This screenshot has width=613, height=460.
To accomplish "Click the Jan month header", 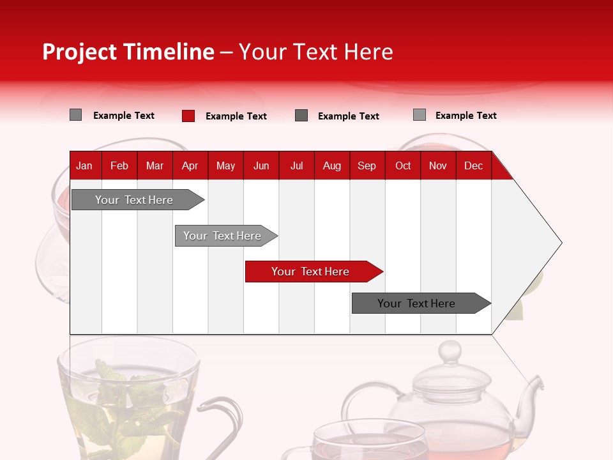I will click(x=84, y=165).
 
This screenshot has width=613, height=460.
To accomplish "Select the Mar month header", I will click(x=155, y=165).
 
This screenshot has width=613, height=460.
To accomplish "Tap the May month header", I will click(x=225, y=165).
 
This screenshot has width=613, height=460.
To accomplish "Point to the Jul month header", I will click(x=296, y=165).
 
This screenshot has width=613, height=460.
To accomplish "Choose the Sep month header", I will click(x=367, y=165).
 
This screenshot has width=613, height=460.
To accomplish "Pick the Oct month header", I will click(x=403, y=165).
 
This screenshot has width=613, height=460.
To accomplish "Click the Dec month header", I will click(x=473, y=165).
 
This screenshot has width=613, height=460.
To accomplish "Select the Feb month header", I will click(x=119, y=165).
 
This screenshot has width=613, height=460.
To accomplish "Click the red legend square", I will click(x=188, y=116).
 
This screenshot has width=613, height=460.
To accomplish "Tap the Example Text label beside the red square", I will click(x=236, y=116).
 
